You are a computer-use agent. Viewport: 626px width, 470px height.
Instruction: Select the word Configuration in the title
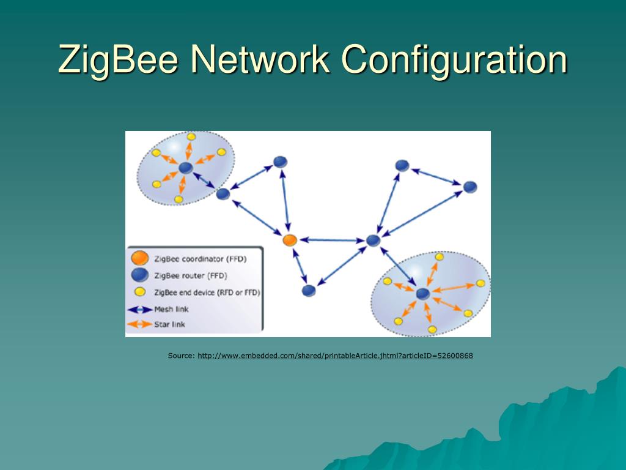pos(454,60)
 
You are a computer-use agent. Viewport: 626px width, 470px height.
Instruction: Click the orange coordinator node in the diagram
pos(290,240)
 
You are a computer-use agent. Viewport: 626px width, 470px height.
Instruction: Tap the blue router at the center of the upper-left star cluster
pos(186,168)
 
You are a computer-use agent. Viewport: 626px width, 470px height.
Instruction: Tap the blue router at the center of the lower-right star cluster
pos(422,294)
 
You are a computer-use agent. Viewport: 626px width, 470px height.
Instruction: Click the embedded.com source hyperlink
pos(335,356)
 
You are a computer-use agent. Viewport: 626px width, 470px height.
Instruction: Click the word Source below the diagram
pos(181,356)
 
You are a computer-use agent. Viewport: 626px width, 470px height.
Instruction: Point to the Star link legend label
pos(169,324)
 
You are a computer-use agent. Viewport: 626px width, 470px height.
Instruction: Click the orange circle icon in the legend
pos(140,258)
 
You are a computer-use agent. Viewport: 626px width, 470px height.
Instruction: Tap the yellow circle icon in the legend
pos(140,292)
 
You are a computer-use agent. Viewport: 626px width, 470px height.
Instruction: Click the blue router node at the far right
pos(469,187)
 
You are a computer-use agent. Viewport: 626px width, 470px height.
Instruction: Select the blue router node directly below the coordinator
pos(309,291)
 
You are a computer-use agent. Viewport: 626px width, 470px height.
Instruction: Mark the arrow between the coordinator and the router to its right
pos(331,241)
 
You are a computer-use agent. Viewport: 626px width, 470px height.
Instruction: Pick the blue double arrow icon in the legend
pos(140,309)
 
